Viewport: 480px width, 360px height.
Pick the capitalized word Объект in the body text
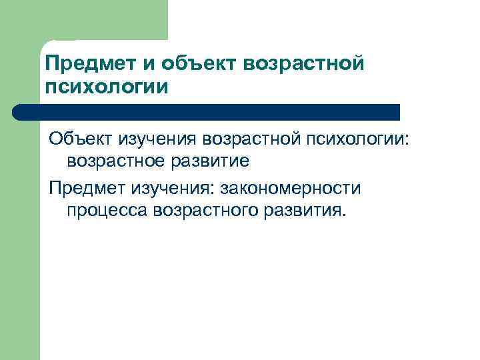(x=81, y=139)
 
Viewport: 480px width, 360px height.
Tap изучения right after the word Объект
(x=159, y=139)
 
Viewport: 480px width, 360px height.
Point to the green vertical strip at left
(x=20, y=233)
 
